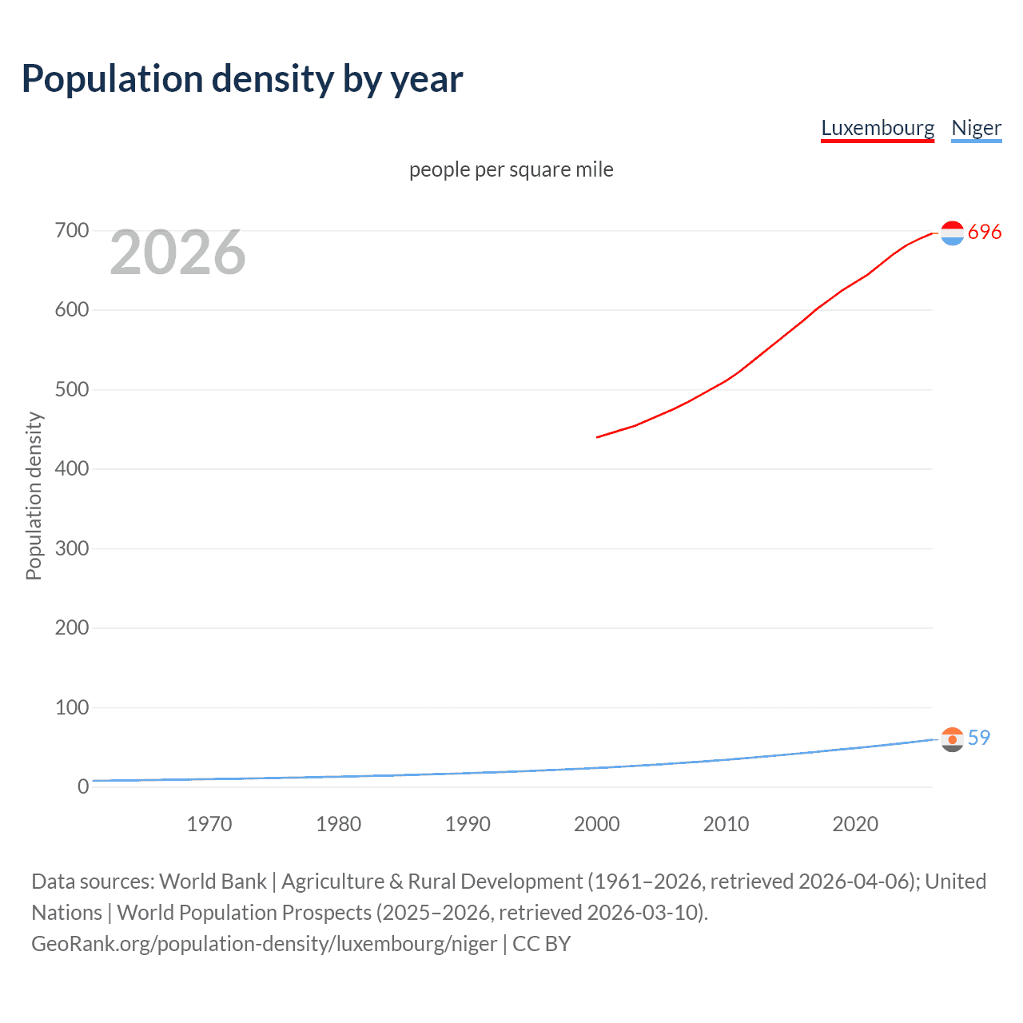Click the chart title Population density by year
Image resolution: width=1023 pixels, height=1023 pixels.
pyautogui.click(x=242, y=79)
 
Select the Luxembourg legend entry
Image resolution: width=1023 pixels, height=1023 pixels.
pyautogui.click(x=878, y=128)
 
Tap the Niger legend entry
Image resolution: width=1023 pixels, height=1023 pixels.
pyautogui.click(x=976, y=128)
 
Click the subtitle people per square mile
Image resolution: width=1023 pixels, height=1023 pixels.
pyautogui.click(x=511, y=169)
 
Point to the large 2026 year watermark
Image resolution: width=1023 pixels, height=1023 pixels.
pyautogui.click(x=177, y=253)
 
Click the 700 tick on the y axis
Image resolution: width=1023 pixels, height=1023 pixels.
pyautogui.click(x=71, y=231)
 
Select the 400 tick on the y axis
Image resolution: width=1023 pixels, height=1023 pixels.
pyautogui.click(x=71, y=469)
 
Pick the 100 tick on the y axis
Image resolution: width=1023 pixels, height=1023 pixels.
pyautogui.click(x=71, y=707)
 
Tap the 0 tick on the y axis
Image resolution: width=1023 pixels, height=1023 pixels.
pyautogui.click(x=83, y=786)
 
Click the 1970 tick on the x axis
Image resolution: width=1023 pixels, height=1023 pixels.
pyautogui.click(x=209, y=824)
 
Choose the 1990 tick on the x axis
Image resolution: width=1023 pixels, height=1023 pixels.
pyautogui.click(x=468, y=824)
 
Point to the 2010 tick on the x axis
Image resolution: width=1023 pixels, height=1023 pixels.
pyautogui.click(x=726, y=824)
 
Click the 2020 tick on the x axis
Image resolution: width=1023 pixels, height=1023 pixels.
pyautogui.click(x=855, y=824)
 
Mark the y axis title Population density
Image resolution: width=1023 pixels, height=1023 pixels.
pyautogui.click(x=34, y=496)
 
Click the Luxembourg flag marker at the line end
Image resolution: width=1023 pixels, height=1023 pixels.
pyautogui.click(x=952, y=233)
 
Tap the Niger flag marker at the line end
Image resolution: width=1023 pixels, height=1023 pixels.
pyautogui.click(x=952, y=739)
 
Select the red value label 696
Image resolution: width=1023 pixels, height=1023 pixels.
pyautogui.click(x=985, y=232)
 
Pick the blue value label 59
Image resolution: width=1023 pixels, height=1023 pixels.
pyautogui.click(x=979, y=738)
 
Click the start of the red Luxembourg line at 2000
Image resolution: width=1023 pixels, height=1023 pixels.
pyautogui.click(x=598, y=437)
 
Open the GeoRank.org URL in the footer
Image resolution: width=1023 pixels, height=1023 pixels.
pyautogui.click(x=264, y=944)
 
